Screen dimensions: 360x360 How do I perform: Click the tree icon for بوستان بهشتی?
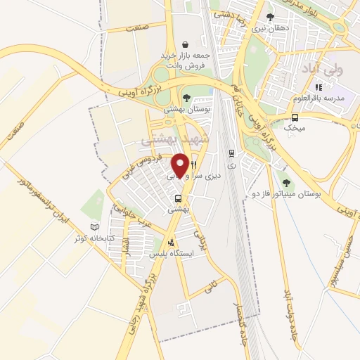(186, 98)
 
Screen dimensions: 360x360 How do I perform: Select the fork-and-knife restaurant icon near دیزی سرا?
(193, 164)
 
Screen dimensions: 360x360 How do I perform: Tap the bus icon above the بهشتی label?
(179, 198)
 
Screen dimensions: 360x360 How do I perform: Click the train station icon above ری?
(231, 152)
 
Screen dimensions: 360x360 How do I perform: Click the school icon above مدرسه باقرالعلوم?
(317, 86)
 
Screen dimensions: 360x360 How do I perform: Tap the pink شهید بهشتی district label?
(167, 140)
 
